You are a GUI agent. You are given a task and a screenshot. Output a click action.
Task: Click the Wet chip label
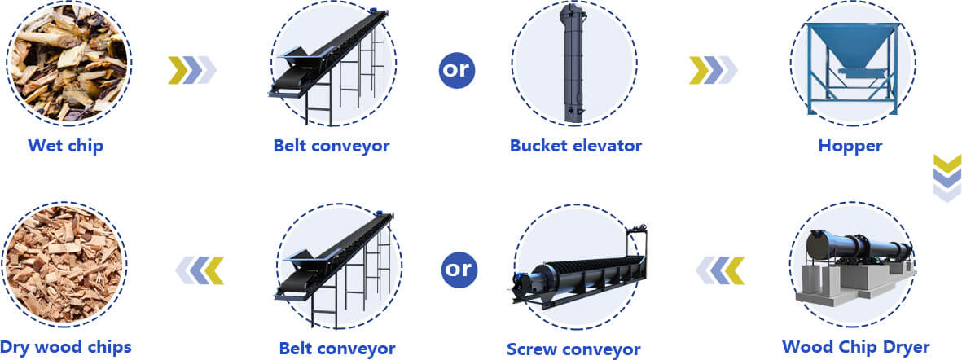66,146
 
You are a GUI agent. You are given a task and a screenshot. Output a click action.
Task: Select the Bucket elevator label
575,146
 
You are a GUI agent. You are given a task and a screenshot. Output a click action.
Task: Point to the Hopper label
850,146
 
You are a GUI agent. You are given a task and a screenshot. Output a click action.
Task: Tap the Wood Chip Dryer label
856,346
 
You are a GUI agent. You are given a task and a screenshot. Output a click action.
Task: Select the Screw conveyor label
573,349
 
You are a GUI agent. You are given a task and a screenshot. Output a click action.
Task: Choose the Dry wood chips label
66,346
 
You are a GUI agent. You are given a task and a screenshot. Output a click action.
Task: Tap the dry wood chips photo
64,265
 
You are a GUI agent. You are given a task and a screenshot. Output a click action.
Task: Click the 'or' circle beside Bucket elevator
456,70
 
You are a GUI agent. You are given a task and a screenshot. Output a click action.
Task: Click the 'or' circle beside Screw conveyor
459,270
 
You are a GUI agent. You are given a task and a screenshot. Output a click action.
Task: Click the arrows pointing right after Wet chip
192,70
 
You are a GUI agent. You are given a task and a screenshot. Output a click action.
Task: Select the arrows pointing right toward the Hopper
713,70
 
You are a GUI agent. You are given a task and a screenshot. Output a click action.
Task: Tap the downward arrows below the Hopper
947,178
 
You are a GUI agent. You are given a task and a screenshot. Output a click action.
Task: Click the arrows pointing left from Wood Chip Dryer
719,270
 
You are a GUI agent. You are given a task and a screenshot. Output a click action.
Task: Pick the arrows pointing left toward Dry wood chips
200,270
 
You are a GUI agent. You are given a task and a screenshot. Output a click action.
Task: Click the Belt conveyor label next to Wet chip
332,146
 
